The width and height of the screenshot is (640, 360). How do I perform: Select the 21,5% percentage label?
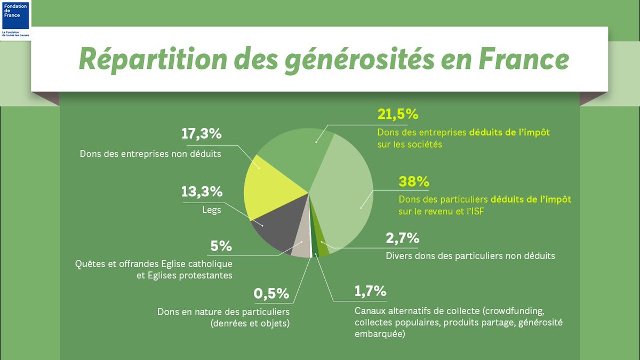[397, 114]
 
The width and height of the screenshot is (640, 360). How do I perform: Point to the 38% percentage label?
[414, 181]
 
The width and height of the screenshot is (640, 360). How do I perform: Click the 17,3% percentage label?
[201, 134]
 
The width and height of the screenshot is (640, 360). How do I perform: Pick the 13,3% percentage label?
[202, 191]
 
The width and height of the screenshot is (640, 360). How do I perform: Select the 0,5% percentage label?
[271, 293]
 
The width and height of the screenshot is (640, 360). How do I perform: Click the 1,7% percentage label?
[370, 291]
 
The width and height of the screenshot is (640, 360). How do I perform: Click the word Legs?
[212, 210]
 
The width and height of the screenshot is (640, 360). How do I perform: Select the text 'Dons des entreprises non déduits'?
[150, 154]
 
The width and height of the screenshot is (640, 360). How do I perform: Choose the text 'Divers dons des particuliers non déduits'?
[470, 256]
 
